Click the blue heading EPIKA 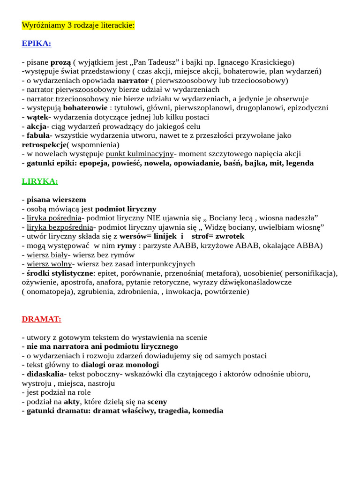coord(37,44)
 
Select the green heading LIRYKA coord(40,181)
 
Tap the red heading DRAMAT coord(41,319)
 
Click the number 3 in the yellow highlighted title coord(70,25)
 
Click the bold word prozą coord(60,62)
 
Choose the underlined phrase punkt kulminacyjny coord(140,153)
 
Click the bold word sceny coord(157,401)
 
